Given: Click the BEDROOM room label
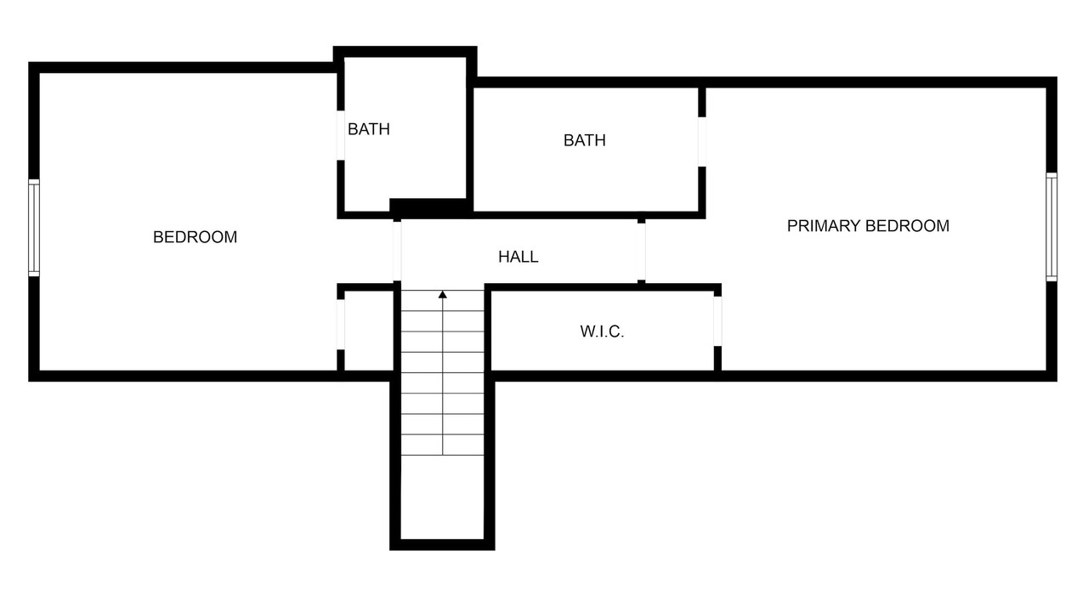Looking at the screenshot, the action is pos(195,237).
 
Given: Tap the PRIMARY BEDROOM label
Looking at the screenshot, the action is pos(868,226).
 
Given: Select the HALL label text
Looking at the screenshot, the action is pos(518,257).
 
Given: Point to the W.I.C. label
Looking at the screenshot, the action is pos(602,331).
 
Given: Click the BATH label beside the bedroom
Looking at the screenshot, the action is pos(369,129).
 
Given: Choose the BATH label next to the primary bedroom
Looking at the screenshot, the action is pos(584,140).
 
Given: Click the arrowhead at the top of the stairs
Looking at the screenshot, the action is pos(443,294).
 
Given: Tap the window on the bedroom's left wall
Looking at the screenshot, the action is pos(33,228).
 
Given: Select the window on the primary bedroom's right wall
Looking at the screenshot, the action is pos(1051,227).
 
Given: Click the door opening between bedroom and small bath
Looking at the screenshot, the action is pos(341,135).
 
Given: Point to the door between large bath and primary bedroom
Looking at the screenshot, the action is pos(702,142).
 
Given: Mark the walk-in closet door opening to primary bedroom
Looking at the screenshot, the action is pos(717,321).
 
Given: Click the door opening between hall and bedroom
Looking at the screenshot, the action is pos(397,251).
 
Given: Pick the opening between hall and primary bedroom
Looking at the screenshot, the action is pos(641,252).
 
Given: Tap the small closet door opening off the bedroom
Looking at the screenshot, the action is pos(341,325).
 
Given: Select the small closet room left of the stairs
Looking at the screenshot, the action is pos(369,331).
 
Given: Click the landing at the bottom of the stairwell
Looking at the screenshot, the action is pos(443,497).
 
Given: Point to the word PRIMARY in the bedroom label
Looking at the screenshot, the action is pos(824,226).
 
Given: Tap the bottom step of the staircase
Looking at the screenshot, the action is pos(443,445).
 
